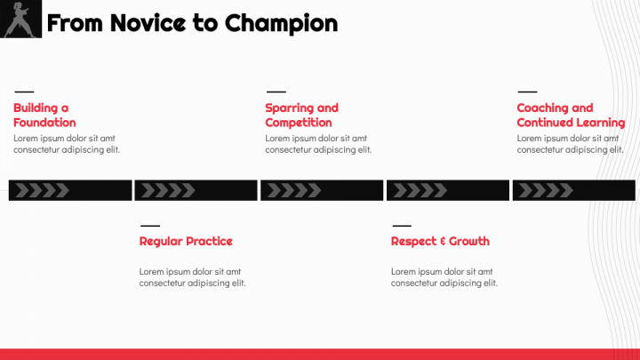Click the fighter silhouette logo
point(20,20)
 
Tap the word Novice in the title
point(141,23)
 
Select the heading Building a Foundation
point(44,115)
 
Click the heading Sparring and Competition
point(301,115)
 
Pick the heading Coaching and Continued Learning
point(570,115)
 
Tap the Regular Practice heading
point(186,241)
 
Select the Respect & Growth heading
point(440,241)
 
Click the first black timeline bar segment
point(70,190)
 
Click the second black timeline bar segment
point(196,190)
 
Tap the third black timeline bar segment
point(322,190)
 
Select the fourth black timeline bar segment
point(448,190)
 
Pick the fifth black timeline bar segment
point(574,190)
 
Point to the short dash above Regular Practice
point(150,225)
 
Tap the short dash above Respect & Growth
point(402,225)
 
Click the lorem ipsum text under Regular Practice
point(192,277)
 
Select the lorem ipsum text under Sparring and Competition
point(318,144)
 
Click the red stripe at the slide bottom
point(320,354)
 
